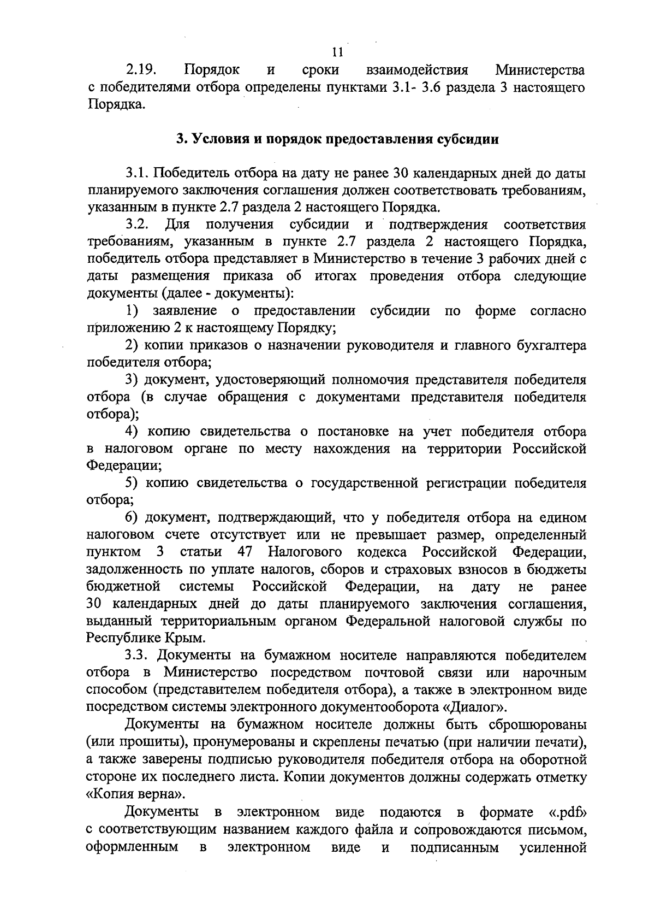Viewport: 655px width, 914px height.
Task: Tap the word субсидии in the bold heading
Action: (x=469, y=139)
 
